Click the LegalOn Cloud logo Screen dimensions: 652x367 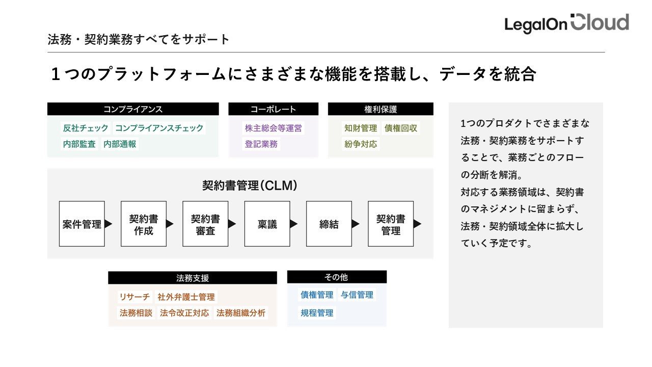(x=566, y=23)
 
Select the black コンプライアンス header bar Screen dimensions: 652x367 (x=133, y=109)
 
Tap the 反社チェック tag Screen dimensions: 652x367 (x=86, y=128)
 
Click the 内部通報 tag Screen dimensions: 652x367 (x=120, y=144)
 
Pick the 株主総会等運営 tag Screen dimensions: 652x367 (x=274, y=128)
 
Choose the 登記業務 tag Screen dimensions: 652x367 (x=261, y=144)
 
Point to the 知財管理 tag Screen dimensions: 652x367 (x=361, y=128)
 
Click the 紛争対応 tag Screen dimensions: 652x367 (x=361, y=144)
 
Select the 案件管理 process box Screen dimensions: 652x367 (x=82, y=224)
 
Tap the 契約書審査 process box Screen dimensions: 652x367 (x=205, y=224)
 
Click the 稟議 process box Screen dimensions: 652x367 (x=267, y=224)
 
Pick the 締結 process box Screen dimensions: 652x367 (x=329, y=224)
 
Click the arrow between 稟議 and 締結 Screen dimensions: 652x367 (x=294, y=224)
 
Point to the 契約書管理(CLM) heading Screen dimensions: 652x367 (x=250, y=186)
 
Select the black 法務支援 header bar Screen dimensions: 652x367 (x=193, y=278)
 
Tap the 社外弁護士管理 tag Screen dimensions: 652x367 (x=186, y=297)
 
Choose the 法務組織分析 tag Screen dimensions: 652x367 (x=241, y=313)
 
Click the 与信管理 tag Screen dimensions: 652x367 (x=357, y=295)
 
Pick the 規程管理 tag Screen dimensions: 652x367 (x=317, y=313)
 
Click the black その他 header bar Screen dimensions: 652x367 (x=337, y=277)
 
